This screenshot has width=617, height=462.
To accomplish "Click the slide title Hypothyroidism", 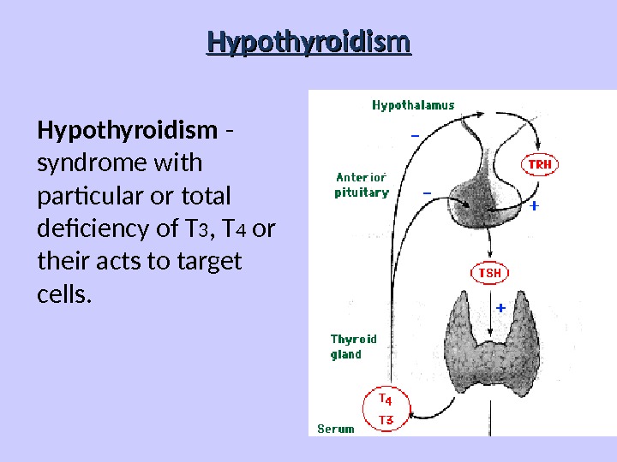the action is coord(308,42).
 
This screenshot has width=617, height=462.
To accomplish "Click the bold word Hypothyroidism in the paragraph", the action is coord(127,131).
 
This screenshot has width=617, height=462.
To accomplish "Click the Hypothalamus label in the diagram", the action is coord(413,105).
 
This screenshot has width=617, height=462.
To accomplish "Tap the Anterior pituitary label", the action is coord(361,186).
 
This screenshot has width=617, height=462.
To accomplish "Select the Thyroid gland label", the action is coord(353,346).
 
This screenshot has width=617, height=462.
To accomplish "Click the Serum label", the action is coord(335,429).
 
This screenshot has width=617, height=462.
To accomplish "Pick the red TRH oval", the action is coord(539,163).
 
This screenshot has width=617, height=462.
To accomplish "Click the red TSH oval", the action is coord(489,273).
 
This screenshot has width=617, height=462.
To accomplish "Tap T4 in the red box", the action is coord(386,400).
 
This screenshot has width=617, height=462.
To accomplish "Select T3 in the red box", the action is coord(386,419).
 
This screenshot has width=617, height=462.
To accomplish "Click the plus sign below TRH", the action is coord(534,206).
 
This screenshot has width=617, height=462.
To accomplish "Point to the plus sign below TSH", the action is coord(500,305).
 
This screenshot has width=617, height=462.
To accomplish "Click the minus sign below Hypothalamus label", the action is coord(415,135).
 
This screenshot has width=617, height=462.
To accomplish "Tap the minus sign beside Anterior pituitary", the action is coord(427,192).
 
